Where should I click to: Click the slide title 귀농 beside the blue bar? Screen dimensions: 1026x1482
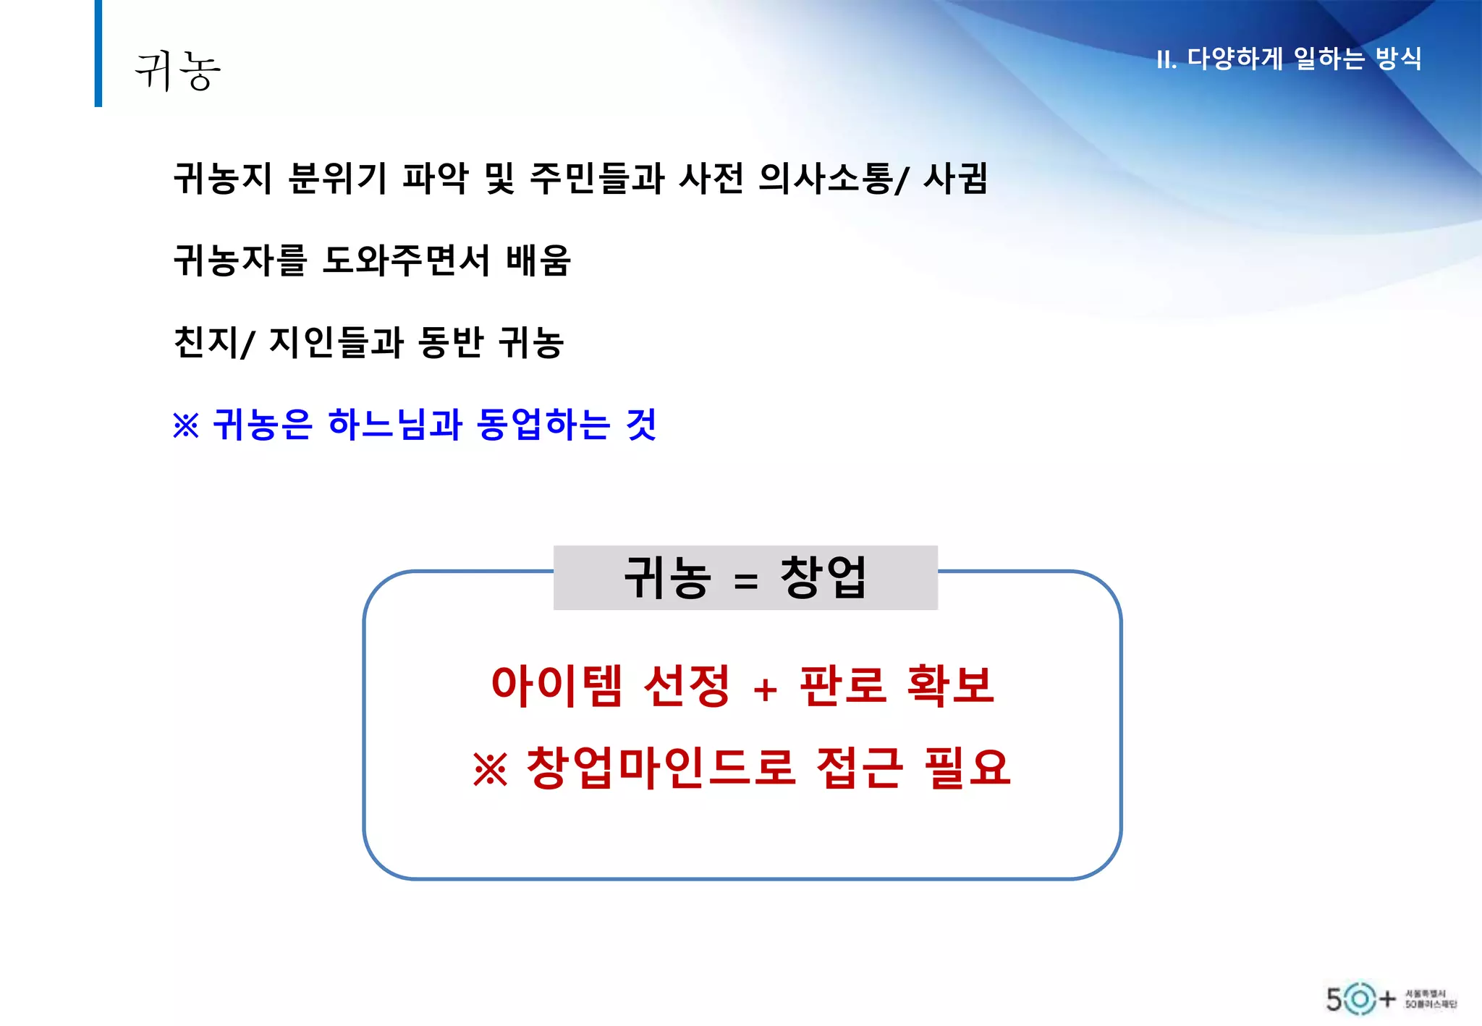(177, 71)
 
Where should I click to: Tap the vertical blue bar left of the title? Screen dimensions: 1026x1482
(98, 54)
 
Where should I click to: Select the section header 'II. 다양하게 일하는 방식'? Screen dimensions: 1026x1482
(1289, 59)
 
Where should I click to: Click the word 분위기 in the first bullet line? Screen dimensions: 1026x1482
(337, 178)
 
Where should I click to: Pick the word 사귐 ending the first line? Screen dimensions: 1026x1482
(955, 178)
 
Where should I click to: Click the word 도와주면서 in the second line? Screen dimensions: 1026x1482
(406, 260)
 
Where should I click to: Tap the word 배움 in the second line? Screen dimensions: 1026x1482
(538, 260)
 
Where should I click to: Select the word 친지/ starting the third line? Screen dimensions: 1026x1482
(214, 342)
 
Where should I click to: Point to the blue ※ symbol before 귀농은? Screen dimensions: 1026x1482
(186, 425)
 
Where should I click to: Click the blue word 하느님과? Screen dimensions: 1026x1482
(394, 425)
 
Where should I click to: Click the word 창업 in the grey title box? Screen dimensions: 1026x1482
(823, 577)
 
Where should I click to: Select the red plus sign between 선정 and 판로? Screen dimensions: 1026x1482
(765, 690)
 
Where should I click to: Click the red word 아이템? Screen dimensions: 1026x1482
(556, 685)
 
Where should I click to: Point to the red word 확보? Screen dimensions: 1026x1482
(950, 685)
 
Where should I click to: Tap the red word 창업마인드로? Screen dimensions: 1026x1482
(660, 768)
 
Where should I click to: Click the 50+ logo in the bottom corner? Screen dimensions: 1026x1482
(1360, 999)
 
